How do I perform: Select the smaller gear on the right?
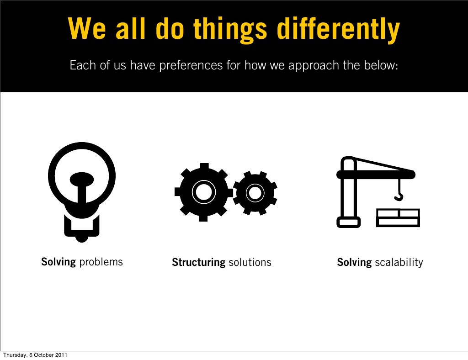[255, 193]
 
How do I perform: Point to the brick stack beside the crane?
[398, 217]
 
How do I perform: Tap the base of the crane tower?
[348, 222]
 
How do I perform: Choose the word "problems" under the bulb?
[101, 262]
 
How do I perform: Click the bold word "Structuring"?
[198, 263]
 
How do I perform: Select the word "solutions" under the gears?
[250, 263]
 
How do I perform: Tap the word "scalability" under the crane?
[399, 263]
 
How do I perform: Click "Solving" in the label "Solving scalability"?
[354, 263]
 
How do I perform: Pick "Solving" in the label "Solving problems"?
[58, 262]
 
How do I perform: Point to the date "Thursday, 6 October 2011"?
[35, 355]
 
